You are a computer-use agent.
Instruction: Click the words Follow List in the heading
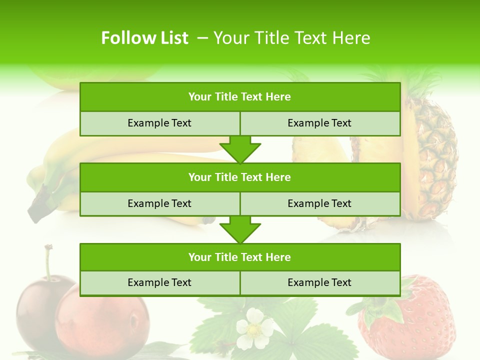pos(144,38)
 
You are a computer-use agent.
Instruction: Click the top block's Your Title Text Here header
pos(239,97)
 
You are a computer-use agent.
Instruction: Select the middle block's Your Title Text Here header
pos(239,177)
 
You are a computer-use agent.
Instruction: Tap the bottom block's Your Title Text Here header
pos(239,257)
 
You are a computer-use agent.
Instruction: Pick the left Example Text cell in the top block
pos(159,123)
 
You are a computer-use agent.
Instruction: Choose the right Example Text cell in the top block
pos(319,123)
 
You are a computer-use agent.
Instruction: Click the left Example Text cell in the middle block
pos(159,203)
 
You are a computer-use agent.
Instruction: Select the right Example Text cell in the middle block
pos(319,203)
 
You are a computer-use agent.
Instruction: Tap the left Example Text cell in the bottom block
pos(159,282)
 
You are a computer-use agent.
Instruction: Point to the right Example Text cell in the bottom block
pos(319,282)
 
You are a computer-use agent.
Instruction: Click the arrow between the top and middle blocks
pos(240,149)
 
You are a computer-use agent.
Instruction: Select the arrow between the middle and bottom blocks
pos(240,230)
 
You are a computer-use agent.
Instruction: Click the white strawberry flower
pos(254,328)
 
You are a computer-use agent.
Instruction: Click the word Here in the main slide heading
pos(352,38)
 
